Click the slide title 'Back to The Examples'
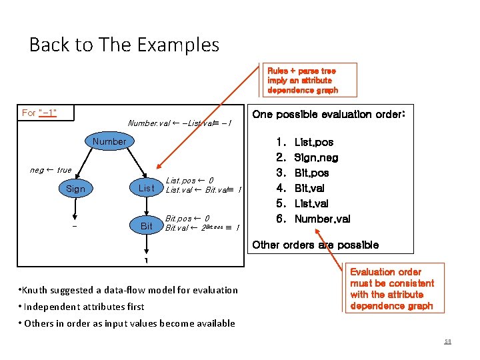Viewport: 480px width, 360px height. point(124,45)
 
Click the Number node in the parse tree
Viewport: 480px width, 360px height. point(109,141)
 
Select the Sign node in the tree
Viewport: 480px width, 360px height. point(75,189)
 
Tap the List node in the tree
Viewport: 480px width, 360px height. point(146,189)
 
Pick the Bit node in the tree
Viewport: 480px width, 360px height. point(146,226)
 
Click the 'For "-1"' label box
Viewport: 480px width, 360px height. point(39,113)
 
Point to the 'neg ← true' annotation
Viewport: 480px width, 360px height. point(51,170)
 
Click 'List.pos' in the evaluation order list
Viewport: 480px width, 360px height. point(314,142)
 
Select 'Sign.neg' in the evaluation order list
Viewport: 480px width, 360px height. point(316,158)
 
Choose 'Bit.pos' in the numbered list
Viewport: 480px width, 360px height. point(311,173)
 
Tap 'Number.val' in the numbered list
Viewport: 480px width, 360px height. point(322,219)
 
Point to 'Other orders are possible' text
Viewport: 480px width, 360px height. point(315,245)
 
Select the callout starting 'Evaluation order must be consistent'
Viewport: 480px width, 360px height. point(391,289)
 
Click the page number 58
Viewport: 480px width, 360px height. point(447,341)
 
